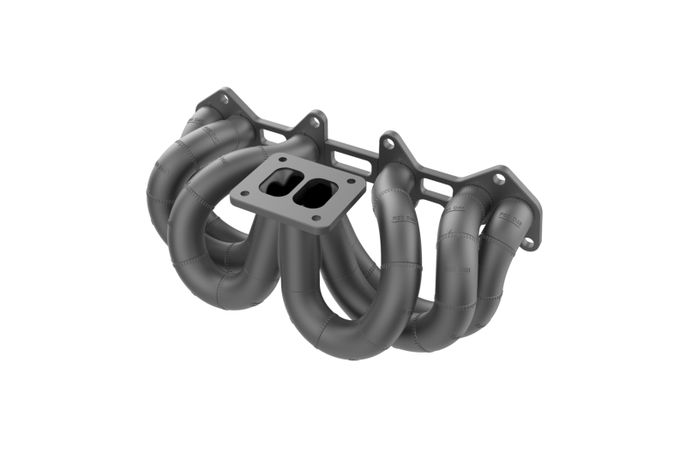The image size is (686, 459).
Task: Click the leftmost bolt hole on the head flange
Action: coord(225,99)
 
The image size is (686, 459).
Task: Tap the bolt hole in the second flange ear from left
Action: coord(314,122)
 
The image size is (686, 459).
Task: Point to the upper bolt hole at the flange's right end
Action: coord(498,179)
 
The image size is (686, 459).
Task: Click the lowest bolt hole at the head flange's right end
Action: coord(527,243)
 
